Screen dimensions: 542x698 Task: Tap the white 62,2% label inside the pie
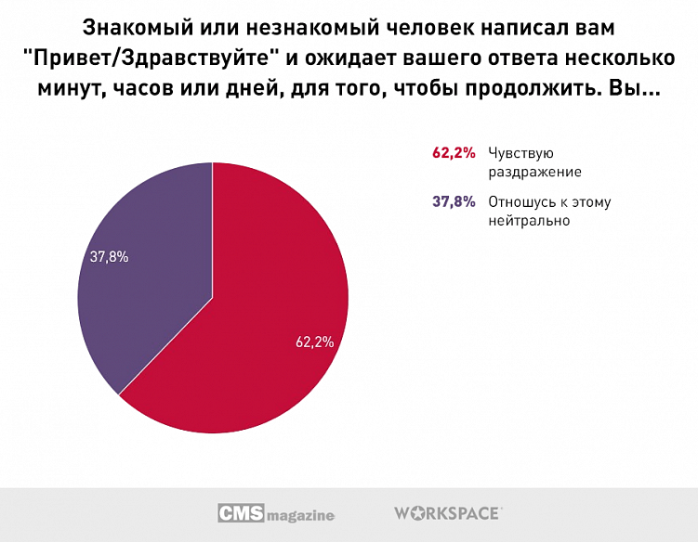coord(314,342)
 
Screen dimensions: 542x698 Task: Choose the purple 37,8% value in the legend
coord(454,202)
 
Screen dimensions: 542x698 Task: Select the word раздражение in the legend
coord(534,173)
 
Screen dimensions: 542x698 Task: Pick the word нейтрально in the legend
coord(528,221)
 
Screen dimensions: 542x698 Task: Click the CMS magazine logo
coord(276,513)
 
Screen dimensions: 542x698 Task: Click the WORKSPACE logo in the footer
coord(448,512)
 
